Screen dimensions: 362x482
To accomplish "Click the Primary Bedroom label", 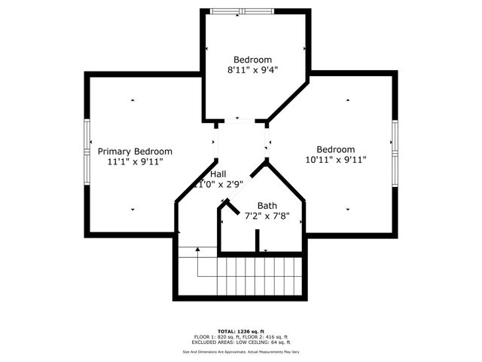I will (x=135, y=151).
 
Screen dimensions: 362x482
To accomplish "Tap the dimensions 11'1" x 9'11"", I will (x=135, y=161).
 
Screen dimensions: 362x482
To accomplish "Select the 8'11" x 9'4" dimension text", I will (x=252, y=70).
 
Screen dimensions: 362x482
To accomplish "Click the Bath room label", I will (x=267, y=206).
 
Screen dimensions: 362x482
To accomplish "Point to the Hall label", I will (x=218, y=174).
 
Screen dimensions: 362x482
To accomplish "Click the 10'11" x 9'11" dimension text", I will (x=335, y=160).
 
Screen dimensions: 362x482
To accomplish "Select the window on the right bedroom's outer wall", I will (x=394, y=145).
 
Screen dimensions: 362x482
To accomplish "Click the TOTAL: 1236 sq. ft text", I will (x=240, y=331).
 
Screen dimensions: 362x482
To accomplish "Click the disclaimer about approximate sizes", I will (x=240, y=351).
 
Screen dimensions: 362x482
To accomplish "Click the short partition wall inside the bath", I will (x=257, y=241).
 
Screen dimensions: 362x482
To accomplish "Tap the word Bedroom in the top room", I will (x=252, y=60).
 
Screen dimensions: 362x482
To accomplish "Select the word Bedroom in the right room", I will (x=335, y=149).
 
